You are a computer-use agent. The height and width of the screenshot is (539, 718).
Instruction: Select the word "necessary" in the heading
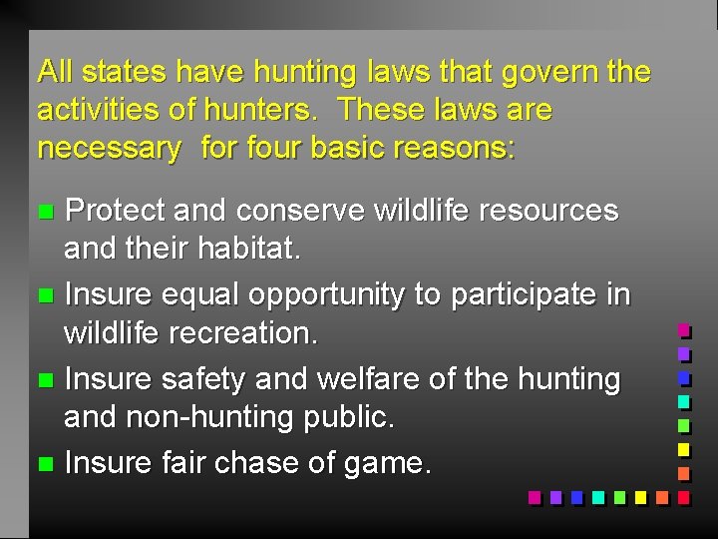click(x=109, y=149)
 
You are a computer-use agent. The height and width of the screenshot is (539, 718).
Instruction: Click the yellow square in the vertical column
click(x=684, y=450)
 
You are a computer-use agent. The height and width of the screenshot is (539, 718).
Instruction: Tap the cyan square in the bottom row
click(x=597, y=497)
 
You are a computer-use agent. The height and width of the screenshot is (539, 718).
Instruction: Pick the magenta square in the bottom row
click(x=534, y=497)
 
